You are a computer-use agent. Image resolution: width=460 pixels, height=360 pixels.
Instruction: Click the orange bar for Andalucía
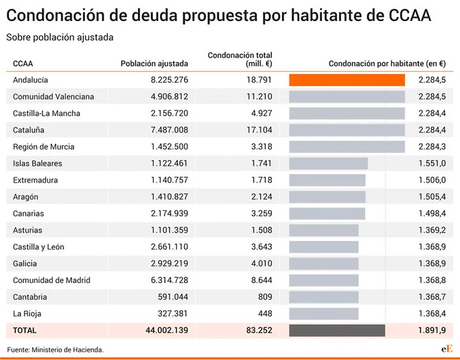click(347, 80)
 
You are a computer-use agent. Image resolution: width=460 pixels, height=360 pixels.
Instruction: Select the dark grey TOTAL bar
click(337, 330)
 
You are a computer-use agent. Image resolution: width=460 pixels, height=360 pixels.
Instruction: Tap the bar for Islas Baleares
click(328, 164)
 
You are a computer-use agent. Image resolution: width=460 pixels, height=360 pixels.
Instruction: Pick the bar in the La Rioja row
click(323, 313)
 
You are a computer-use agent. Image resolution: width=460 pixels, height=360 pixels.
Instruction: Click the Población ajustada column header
click(154, 64)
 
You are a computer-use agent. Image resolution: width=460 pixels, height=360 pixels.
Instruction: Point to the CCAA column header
click(23, 64)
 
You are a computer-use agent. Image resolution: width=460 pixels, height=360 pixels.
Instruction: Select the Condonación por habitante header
click(387, 64)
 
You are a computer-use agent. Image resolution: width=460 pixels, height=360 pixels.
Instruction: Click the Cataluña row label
click(28, 130)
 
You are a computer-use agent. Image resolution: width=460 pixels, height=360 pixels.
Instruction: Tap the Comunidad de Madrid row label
click(51, 280)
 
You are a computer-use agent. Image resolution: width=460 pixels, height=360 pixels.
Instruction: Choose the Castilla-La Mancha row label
click(47, 113)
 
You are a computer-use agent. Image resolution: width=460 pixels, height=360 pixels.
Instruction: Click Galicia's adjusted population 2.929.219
click(170, 263)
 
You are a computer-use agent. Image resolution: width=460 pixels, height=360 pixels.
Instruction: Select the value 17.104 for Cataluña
click(259, 130)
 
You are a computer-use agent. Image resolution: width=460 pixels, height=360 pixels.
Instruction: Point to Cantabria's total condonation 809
click(265, 297)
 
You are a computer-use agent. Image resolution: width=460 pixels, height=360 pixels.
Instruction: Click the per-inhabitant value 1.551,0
click(432, 164)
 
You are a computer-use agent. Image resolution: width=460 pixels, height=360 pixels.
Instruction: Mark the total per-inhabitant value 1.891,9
click(432, 330)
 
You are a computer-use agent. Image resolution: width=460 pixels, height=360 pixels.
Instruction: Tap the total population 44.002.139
click(167, 330)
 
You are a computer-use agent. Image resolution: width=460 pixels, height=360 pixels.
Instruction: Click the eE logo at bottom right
click(446, 349)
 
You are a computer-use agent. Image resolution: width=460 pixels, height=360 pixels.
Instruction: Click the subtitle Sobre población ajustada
click(60, 37)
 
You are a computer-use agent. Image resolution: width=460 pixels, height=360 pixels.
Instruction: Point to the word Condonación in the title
click(55, 16)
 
